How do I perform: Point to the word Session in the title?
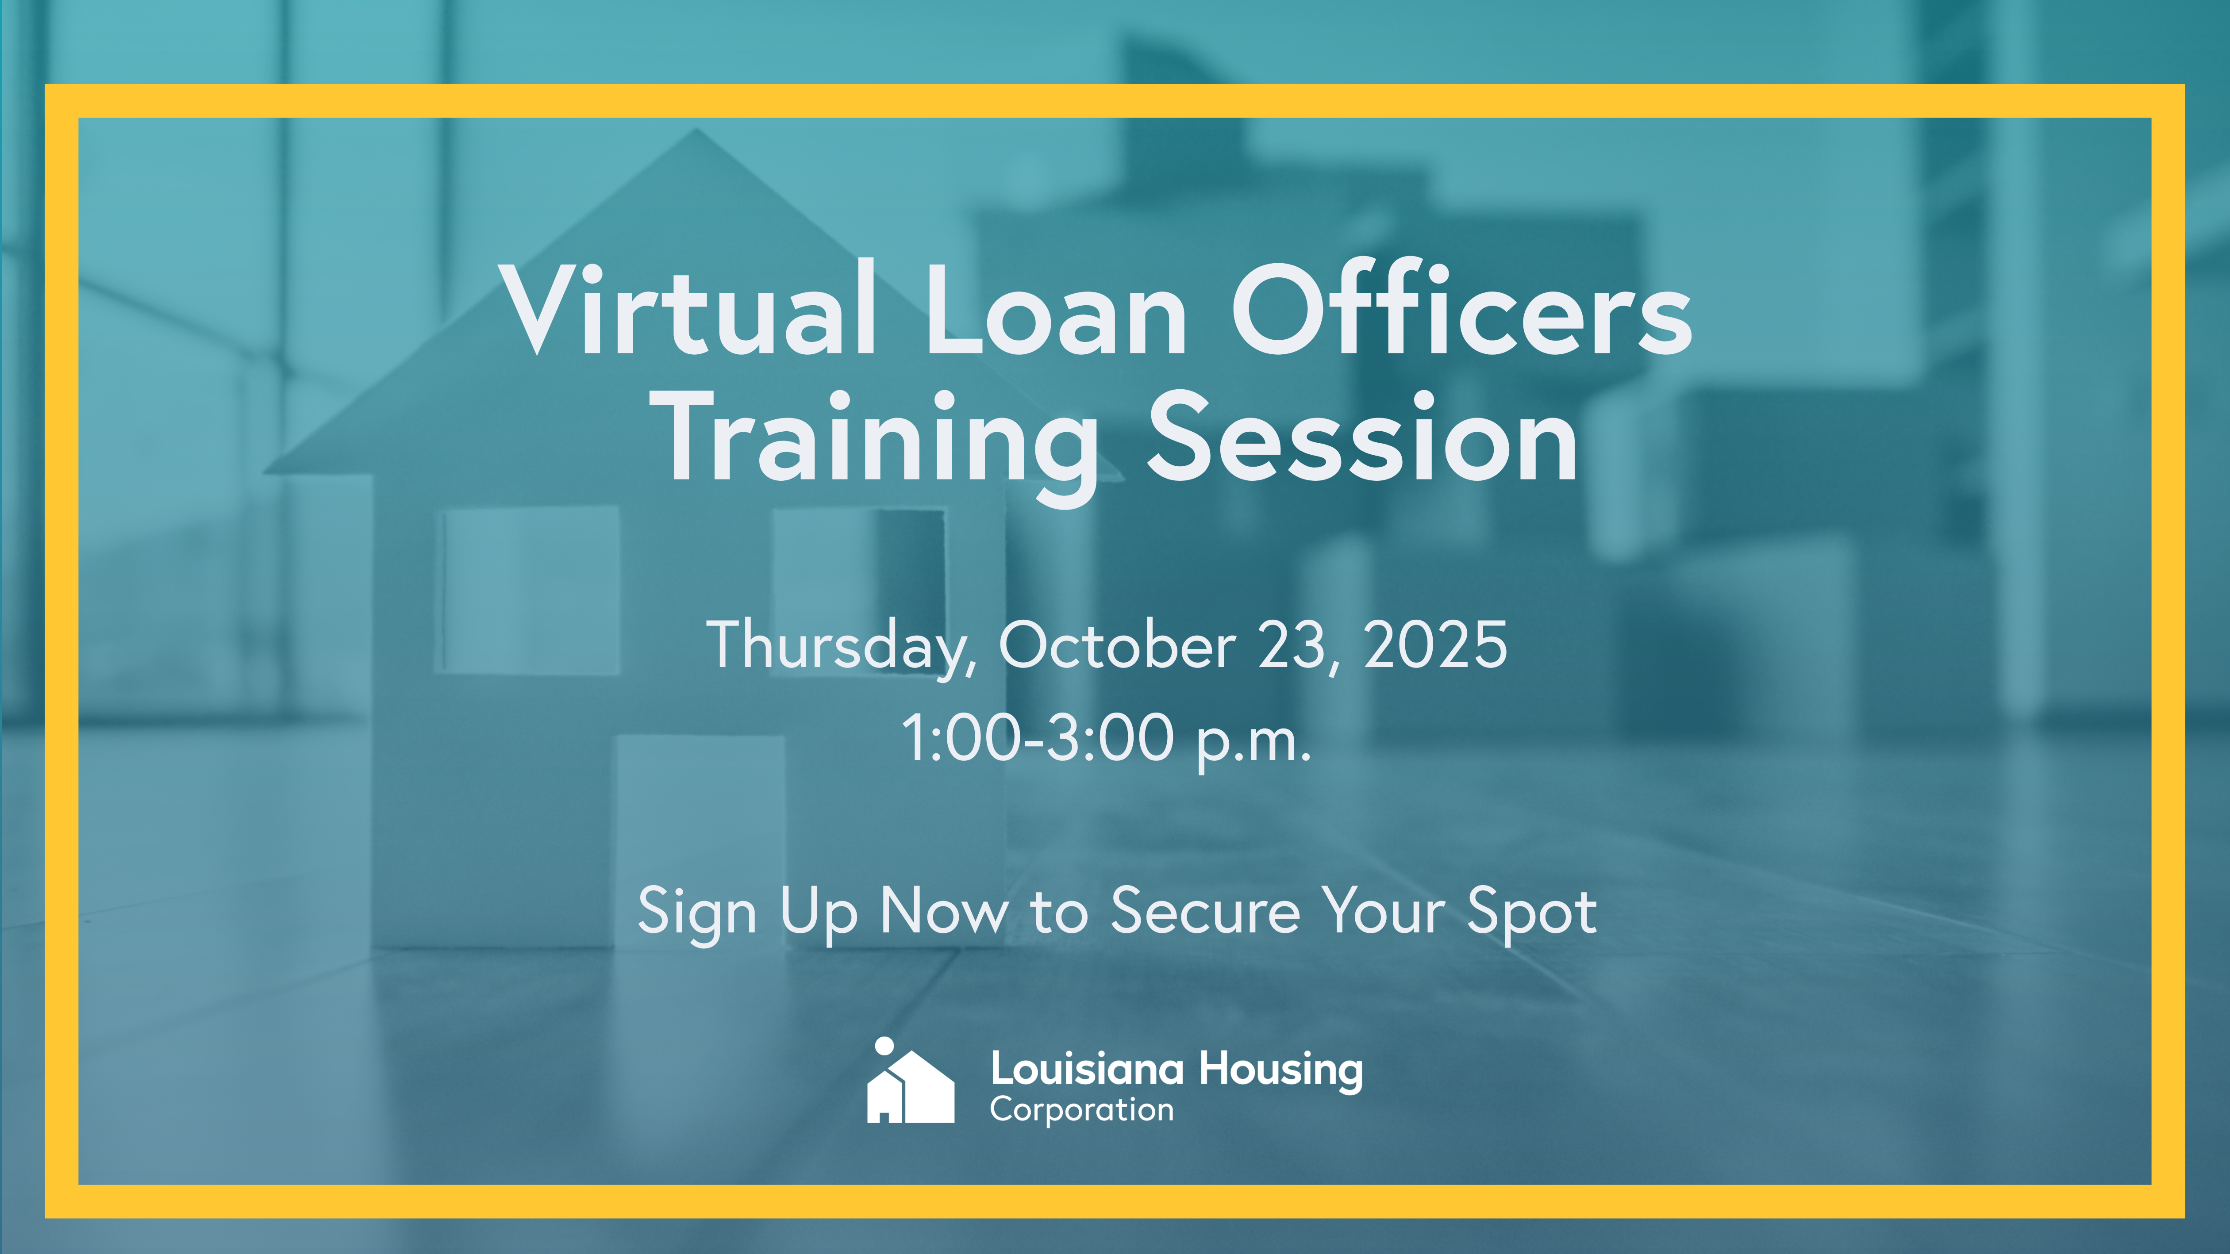click(1363, 437)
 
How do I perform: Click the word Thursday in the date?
click(842, 647)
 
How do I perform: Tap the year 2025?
click(1435, 645)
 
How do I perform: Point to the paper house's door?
click(700, 840)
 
